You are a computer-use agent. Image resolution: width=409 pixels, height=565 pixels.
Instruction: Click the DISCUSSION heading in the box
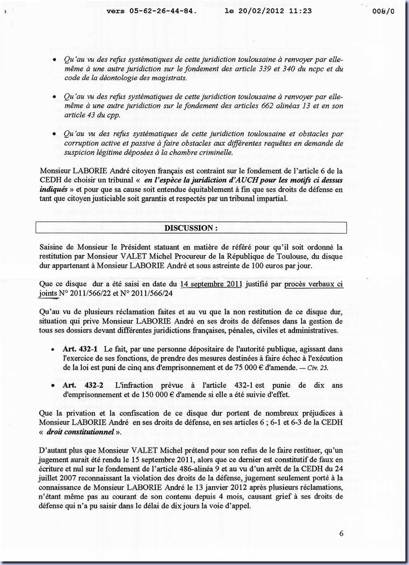click(x=191, y=228)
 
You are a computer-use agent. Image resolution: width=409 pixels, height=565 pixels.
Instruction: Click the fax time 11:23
click(x=300, y=11)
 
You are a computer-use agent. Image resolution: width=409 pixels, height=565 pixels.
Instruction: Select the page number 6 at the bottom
click(x=341, y=533)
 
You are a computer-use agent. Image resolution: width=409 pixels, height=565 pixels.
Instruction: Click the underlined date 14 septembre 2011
click(x=211, y=284)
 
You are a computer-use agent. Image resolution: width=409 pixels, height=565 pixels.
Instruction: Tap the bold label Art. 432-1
click(x=80, y=349)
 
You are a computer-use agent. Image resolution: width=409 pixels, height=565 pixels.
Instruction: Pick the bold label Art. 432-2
click(x=83, y=385)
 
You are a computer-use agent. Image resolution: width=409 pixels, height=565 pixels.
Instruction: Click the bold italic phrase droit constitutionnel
click(x=80, y=432)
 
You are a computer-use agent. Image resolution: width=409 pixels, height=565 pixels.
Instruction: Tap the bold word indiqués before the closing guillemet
click(x=53, y=189)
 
